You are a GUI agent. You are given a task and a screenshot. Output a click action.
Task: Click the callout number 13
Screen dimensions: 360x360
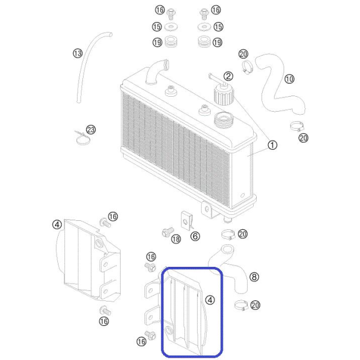[78, 54]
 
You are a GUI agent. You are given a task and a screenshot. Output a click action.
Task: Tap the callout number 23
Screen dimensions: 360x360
[91, 130]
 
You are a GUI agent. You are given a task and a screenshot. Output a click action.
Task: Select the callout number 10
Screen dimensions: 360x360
[290, 79]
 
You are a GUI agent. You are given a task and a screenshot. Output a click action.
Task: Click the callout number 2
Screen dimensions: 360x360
[228, 76]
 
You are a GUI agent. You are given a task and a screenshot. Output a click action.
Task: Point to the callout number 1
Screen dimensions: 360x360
[272, 145]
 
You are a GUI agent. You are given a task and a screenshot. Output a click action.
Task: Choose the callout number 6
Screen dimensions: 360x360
[195, 236]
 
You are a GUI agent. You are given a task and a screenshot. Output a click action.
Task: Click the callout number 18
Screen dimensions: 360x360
[176, 239]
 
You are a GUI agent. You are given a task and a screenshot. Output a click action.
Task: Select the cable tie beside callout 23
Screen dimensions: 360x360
[82, 139]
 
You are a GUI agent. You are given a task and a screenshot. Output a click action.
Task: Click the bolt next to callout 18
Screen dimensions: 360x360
[168, 232]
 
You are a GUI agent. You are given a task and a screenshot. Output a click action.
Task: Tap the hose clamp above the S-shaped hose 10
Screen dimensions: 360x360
[247, 67]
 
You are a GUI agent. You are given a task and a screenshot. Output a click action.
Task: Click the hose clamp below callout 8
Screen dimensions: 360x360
[241, 305]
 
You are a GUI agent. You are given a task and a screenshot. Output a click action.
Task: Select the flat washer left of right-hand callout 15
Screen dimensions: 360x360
[204, 27]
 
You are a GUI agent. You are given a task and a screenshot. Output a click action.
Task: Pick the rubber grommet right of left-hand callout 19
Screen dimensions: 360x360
[171, 42]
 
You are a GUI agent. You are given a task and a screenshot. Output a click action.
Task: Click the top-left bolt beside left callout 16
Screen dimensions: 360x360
[171, 14]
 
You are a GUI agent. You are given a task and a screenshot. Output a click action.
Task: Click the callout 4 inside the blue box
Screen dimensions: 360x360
[210, 300]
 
